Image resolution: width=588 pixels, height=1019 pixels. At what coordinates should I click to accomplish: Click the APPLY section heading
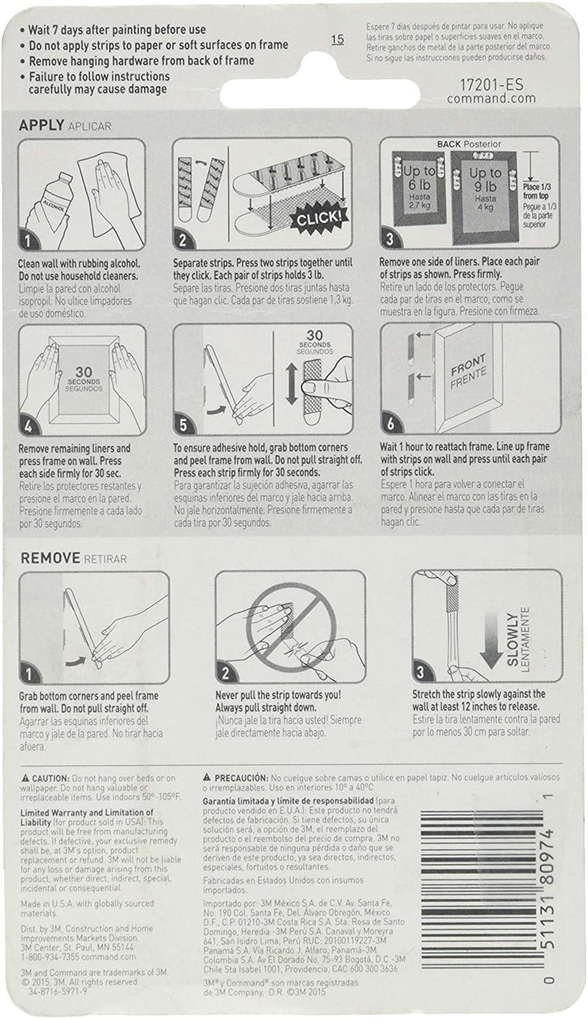[40, 125]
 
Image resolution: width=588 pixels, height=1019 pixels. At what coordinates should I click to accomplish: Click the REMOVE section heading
[49, 557]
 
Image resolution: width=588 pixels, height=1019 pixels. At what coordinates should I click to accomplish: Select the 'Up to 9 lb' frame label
[486, 181]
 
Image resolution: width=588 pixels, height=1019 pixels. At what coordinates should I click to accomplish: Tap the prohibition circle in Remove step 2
[290, 627]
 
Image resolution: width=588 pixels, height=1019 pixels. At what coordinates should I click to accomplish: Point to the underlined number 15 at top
[337, 40]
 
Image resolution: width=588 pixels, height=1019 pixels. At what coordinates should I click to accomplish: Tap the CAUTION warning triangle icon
[26, 778]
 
